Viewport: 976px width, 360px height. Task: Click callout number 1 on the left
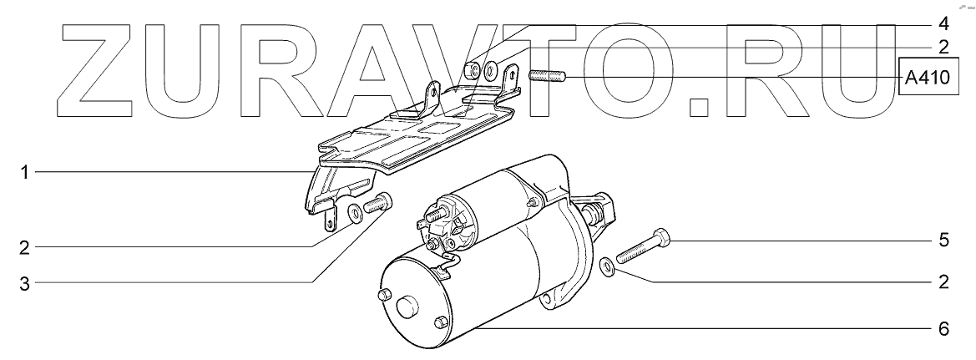coord(24,172)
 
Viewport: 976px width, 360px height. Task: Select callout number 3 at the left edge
coord(24,285)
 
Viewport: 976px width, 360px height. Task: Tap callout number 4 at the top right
coord(943,24)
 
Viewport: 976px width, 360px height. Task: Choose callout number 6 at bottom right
coord(943,328)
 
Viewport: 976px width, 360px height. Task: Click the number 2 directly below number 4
coord(943,48)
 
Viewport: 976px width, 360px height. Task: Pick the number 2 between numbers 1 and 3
coord(24,249)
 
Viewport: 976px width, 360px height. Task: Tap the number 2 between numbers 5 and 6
coord(943,282)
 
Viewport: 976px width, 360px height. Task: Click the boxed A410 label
coord(928,78)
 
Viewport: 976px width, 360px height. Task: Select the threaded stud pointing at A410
coord(547,77)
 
